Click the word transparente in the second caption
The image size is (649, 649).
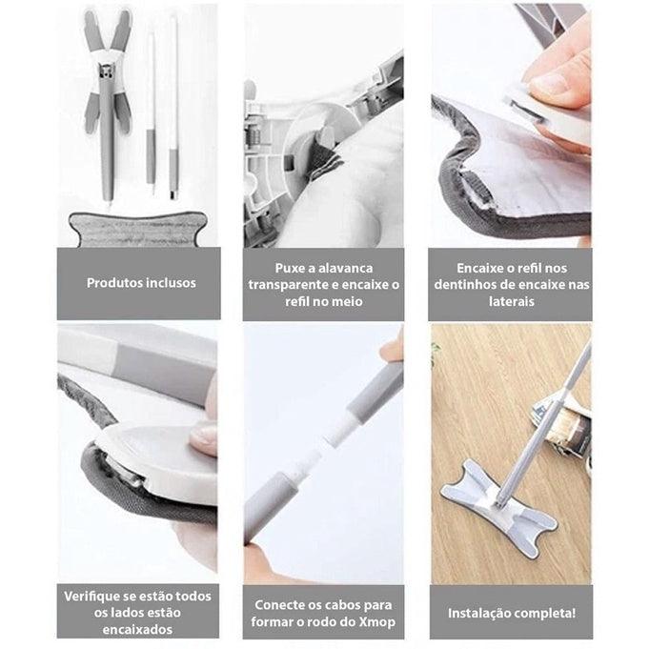pyautogui.click(x=294, y=285)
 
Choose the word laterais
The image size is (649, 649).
pyautogui.click(x=512, y=301)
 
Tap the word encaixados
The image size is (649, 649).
pyautogui.click(x=137, y=630)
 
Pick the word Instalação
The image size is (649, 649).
pyautogui.click(x=477, y=613)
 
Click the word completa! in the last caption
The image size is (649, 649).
pyautogui.click(x=543, y=613)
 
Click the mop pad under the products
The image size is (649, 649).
pyautogui.click(x=138, y=229)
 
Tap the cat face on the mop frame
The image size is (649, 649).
pyautogui.click(x=106, y=71)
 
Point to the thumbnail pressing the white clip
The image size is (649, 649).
pyautogui.click(x=549, y=80)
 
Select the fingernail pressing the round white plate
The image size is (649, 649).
pyautogui.click(x=203, y=439)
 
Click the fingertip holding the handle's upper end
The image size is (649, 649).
pyautogui.click(x=392, y=348)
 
